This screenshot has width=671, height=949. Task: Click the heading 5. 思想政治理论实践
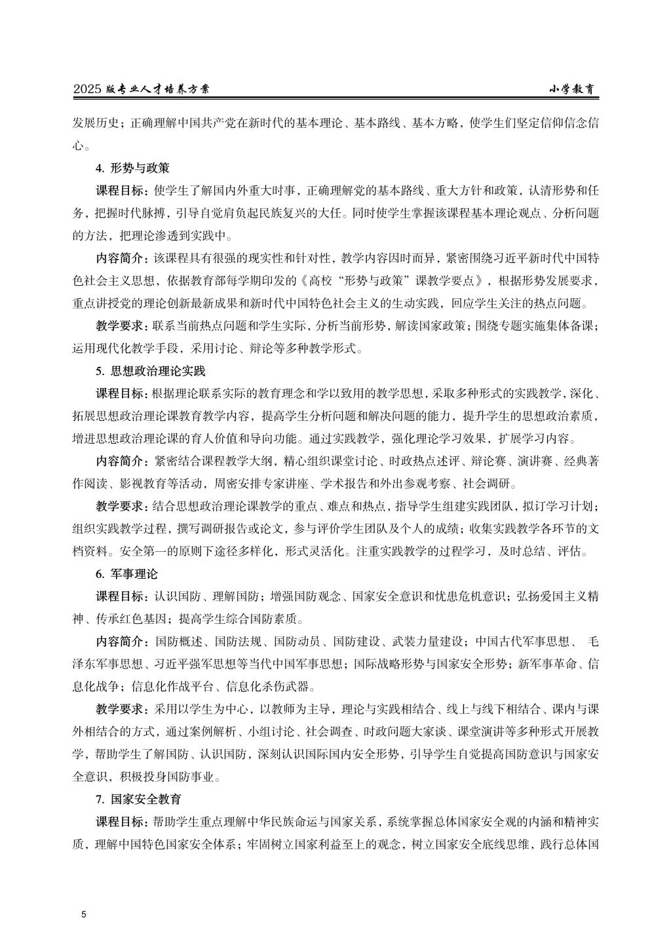coord(150,371)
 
